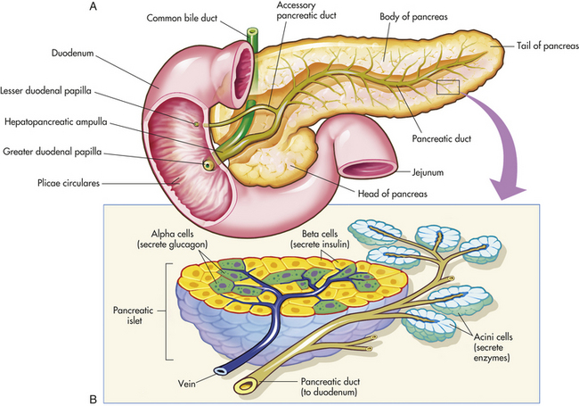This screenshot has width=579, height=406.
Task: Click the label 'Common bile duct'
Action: click(x=182, y=18)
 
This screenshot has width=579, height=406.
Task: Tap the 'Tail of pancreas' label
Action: click(x=548, y=46)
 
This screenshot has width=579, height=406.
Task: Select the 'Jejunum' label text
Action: click(x=428, y=172)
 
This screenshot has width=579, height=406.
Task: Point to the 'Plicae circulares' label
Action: click(x=69, y=183)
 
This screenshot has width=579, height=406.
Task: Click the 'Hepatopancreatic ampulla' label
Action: click(x=56, y=122)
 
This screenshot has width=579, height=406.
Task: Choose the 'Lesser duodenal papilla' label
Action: click(x=45, y=91)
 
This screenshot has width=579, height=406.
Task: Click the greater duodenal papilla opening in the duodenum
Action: click(x=208, y=164)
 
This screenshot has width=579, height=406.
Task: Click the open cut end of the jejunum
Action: click(x=368, y=170)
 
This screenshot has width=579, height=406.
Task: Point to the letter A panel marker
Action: click(x=94, y=6)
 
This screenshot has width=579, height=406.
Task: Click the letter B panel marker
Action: click(x=93, y=400)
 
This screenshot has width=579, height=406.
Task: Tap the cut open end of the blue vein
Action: click(x=219, y=371)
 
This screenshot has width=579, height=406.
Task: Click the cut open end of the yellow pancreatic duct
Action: click(x=244, y=386)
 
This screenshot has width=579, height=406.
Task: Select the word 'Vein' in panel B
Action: click(x=186, y=384)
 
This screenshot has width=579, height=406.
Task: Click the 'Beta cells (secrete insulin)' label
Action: click(x=320, y=239)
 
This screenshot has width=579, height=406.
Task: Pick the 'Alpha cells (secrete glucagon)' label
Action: click(x=173, y=239)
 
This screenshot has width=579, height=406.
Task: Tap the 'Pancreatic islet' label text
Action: click(x=134, y=315)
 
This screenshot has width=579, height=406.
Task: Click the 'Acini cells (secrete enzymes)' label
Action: click(x=493, y=347)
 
